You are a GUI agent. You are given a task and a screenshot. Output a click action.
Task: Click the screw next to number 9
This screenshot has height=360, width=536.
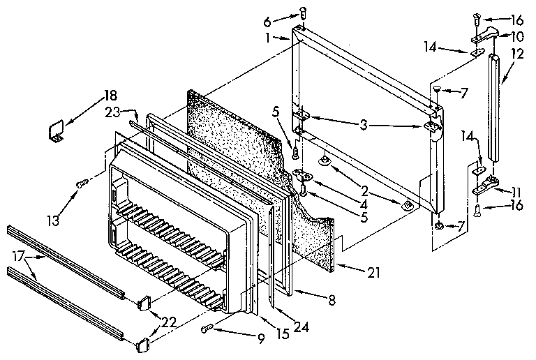207,329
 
